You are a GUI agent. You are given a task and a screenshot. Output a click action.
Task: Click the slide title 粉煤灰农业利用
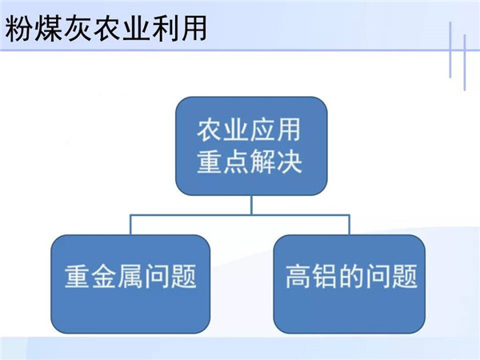click(106, 29)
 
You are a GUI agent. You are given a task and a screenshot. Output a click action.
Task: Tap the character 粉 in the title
click(18, 29)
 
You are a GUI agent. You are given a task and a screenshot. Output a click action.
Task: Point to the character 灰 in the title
click(77, 29)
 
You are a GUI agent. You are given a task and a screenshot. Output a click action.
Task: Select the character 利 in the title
click(164, 29)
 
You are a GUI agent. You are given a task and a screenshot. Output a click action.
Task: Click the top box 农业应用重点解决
click(251, 146)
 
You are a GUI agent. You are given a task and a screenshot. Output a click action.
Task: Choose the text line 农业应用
click(249, 130)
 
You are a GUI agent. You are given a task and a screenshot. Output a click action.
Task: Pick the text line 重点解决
click(249, 162)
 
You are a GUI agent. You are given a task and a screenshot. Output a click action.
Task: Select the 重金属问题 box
click(130, 284)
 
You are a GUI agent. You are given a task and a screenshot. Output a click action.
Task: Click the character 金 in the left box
click(104, 276)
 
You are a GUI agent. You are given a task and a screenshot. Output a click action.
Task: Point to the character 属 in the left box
click(130, 276)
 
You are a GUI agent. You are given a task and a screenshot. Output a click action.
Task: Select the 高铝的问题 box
click(350, 284)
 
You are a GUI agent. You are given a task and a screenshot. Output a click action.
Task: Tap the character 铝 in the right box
click(325, 276)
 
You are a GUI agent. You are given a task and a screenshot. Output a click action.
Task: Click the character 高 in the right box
click(298, 276)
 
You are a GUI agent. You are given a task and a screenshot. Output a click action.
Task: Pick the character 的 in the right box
click(351, 276)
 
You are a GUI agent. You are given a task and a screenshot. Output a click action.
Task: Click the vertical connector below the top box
click(252, 205)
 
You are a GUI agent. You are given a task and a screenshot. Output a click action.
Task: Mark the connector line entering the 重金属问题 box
click(130, 225)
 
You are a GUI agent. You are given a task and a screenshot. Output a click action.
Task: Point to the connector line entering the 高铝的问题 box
click(350, 225)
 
